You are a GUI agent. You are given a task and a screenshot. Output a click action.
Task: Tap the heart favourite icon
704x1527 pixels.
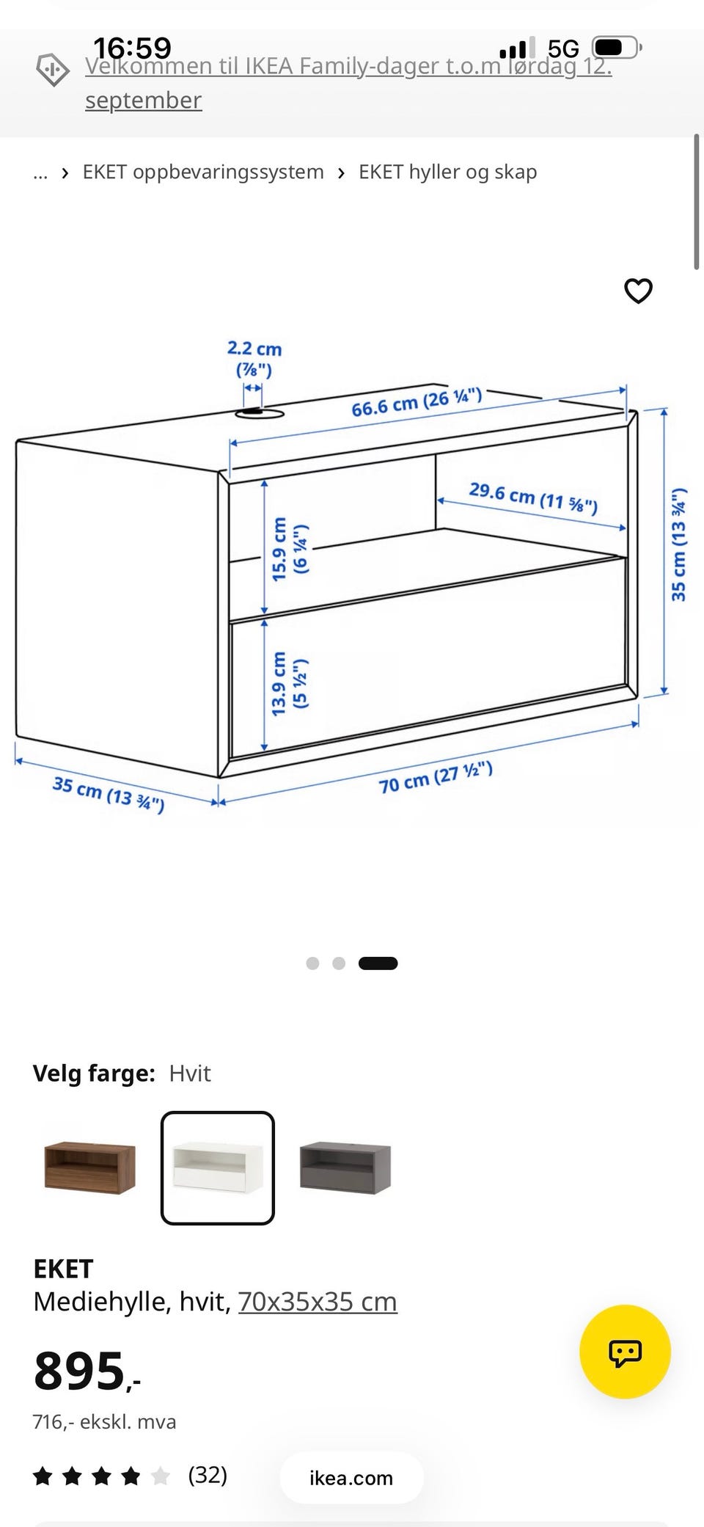[x=638, y=291]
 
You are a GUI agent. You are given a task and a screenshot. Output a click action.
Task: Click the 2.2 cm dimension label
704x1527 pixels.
[x=254, y=358]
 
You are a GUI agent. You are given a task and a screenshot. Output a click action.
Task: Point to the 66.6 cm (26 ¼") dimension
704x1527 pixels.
[x=417, y=402]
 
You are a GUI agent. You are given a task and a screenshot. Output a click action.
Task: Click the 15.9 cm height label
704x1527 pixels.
[x=290, y=549]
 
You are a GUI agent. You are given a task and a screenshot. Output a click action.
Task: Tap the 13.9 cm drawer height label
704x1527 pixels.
[x=290, y=683]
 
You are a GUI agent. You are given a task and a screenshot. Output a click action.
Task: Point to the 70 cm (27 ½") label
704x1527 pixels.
[x=436, y=777]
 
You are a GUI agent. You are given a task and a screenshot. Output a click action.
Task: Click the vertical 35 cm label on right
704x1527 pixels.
[x=678, y=544]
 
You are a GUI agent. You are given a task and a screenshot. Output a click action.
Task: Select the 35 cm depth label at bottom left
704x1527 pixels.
[x=109, y=794]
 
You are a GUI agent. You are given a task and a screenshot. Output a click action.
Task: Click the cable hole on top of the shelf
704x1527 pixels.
[x=260, y=414]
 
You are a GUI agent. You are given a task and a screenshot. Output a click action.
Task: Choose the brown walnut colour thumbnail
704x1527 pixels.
[x=89, y=1167]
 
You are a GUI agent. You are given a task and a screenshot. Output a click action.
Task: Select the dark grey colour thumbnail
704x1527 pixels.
[x=345, y=1167]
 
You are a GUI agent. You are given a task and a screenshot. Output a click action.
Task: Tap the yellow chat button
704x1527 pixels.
[x=625, y=1352]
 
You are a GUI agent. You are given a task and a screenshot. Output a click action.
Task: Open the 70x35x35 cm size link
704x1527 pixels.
[x=318, y=1302]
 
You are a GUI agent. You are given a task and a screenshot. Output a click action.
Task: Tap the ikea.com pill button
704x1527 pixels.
[x=351, y=1478]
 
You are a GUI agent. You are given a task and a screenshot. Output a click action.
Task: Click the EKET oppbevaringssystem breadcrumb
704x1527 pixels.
[x=203, y=172]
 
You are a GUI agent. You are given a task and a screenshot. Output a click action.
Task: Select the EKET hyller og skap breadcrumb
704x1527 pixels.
[x=447, y=172]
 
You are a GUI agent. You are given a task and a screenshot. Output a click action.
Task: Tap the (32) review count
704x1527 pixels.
[x=208, y=1475]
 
